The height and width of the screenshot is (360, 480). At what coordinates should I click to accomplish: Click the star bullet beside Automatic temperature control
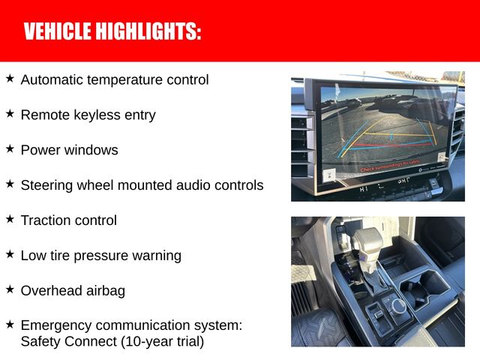(x=10, y=77)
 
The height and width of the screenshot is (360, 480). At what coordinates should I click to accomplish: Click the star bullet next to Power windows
(x=10, y=148)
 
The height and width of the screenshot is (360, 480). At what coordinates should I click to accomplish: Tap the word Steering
(x=46, y=184)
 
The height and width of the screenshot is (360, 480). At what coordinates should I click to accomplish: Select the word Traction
(x=46, y=220)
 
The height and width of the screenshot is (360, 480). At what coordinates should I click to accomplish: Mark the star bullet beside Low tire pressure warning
(x=10, y=253)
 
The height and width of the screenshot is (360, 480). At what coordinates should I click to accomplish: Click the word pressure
(x=98, y=256)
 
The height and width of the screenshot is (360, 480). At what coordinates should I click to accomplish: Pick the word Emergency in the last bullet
(x=54, y=325)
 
